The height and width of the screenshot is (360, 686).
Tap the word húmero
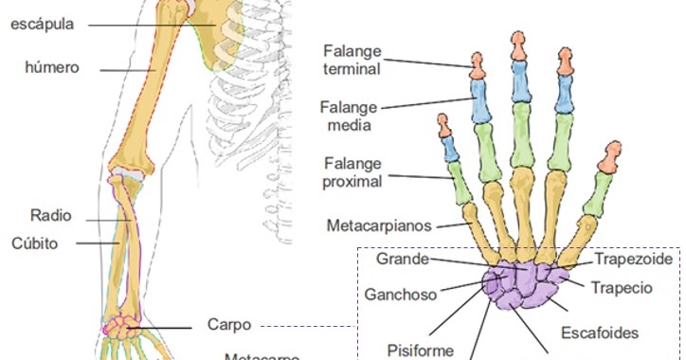(52, 67)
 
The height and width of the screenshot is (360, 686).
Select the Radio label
(50, 216)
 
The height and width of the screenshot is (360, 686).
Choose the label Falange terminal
(351, 59)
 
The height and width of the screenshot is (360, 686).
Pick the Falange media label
(345, 116)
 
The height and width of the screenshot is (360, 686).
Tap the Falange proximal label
(352, 171)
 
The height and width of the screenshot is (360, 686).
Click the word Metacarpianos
(378, 226)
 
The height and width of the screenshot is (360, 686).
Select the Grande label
(402, 258)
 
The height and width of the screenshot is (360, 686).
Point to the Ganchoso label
(400, 294)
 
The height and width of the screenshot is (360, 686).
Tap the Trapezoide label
(633, 258)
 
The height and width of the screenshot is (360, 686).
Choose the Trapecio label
(621, 287)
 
